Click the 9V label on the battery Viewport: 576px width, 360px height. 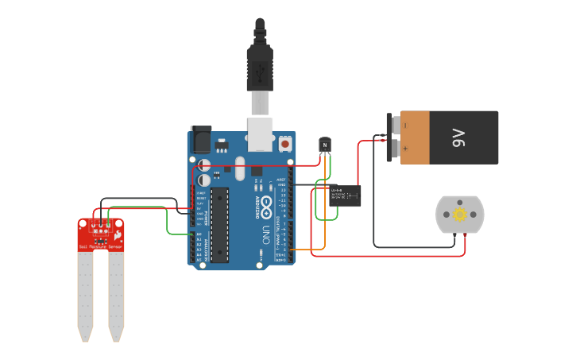[x=458, y=137]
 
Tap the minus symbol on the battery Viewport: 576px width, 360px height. [x=404, y=125]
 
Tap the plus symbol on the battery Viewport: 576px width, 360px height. [x=404, y=149]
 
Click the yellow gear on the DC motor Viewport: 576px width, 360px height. [x=459, y=215]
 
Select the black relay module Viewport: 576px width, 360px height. [x=346, y=195]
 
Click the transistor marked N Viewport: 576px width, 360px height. [x=324, y=145]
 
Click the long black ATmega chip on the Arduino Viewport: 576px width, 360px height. [x=219, y=224]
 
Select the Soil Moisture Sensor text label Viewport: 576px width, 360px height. [x=101, y=247]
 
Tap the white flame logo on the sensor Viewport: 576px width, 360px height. [x=118, y=236]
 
